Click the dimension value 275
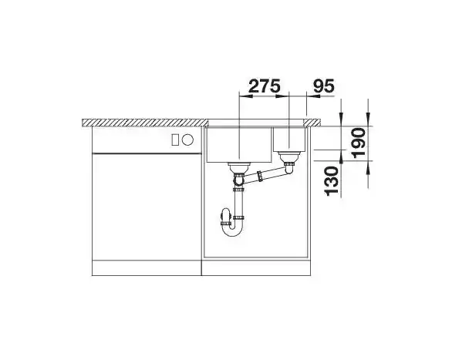265,86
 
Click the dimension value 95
323,86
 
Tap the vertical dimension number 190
359,143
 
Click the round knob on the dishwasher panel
187,140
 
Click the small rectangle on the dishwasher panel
175,140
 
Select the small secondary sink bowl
289,139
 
